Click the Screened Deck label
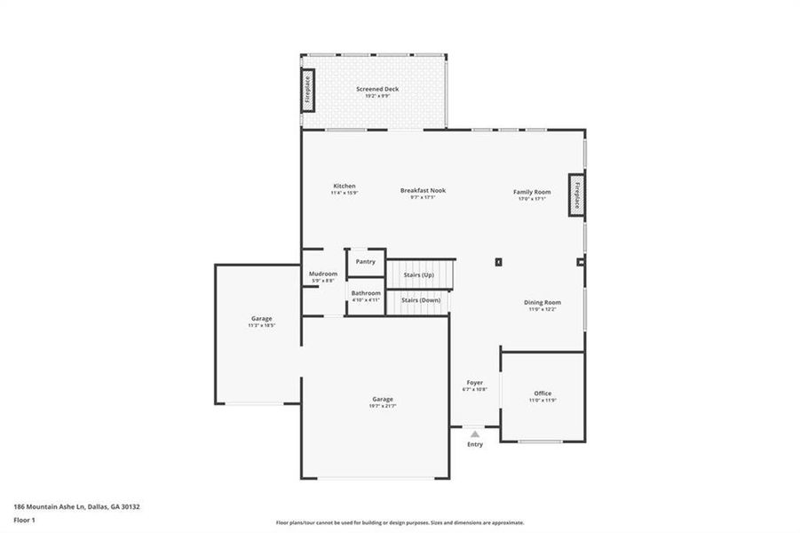pos(377,89)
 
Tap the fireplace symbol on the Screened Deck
pos(308,91)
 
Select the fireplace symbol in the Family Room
pos(576,195)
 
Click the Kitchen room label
pos(345,187)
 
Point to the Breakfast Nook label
pos(423,190)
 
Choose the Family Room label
pos(532,192)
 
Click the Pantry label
pos(365,262)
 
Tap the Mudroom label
pos(323,274)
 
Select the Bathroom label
pos(365,293)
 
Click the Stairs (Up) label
pos(417,275)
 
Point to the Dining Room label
pos(542,302)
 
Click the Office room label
pos(543,394)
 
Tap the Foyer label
pos(475,383)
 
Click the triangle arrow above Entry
pos(475,434)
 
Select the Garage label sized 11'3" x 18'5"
pos(261,318)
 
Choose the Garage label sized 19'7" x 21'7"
pos(383,399)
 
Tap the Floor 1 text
pos(25,521)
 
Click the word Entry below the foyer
pos(475,444)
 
